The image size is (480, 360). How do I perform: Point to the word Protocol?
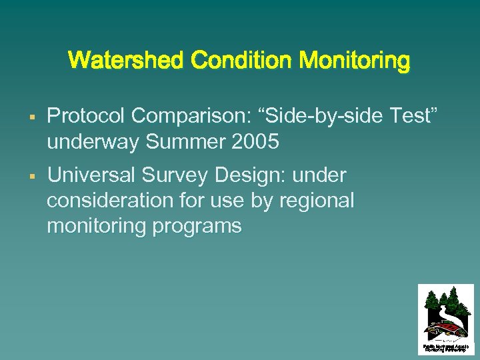tap(86, 117)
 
